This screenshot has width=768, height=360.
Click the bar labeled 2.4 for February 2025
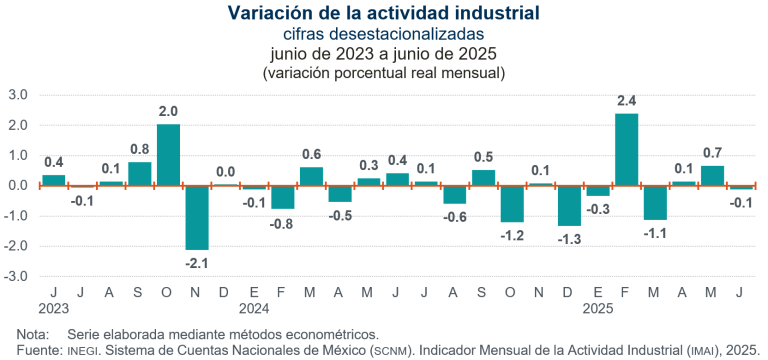[626, 150]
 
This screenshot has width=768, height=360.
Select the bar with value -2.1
[197, 217]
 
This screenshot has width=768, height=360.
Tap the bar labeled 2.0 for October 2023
[168, 155]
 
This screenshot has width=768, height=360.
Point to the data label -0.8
[283, 223]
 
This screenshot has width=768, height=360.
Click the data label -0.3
[598, 209]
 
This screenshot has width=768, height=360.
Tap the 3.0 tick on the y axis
[19, 95]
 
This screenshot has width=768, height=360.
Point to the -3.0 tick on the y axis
[17, 276]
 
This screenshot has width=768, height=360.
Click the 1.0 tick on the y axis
[19, 156]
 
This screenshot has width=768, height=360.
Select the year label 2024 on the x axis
[255, 310]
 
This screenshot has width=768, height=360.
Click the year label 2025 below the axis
[598, 310]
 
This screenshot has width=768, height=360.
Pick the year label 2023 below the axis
[54, 310]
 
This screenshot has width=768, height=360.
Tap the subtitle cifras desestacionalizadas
[384, 34]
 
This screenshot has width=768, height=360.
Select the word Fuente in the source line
[39, 349]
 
